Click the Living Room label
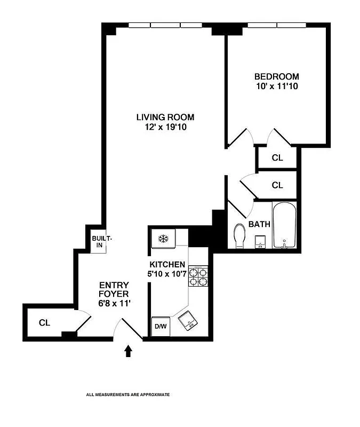pyautogui.click(x=165, y=117)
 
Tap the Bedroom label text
pyautogui.click(x=276, y=76)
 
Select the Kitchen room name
pyautogui.click(x=167, y=265)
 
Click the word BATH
pyautogui.click(x=259, y=225)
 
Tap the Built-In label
pyautogui.click(x=99, y=242)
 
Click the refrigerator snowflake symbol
pyautogui.click(x=163, y=239)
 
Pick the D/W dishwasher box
pyautogui.click(x=161, y=327)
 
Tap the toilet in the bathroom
pyautogui.click(x=239, y=235)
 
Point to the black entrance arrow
pyautogui.click(x=128, y=351)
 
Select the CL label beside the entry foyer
pyautogui.click(x=44, y=323)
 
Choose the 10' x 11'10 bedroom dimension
pyautogui.click(x=276, y=86)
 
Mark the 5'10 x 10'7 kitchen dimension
pyautogui.click(x=167, y=274)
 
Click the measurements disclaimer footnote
pyautogui.click(x=128, y=395)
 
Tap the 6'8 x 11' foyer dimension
pyautogui.click(x=113, y=303)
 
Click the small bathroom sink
pyautogui.click(x=260, y=241)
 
